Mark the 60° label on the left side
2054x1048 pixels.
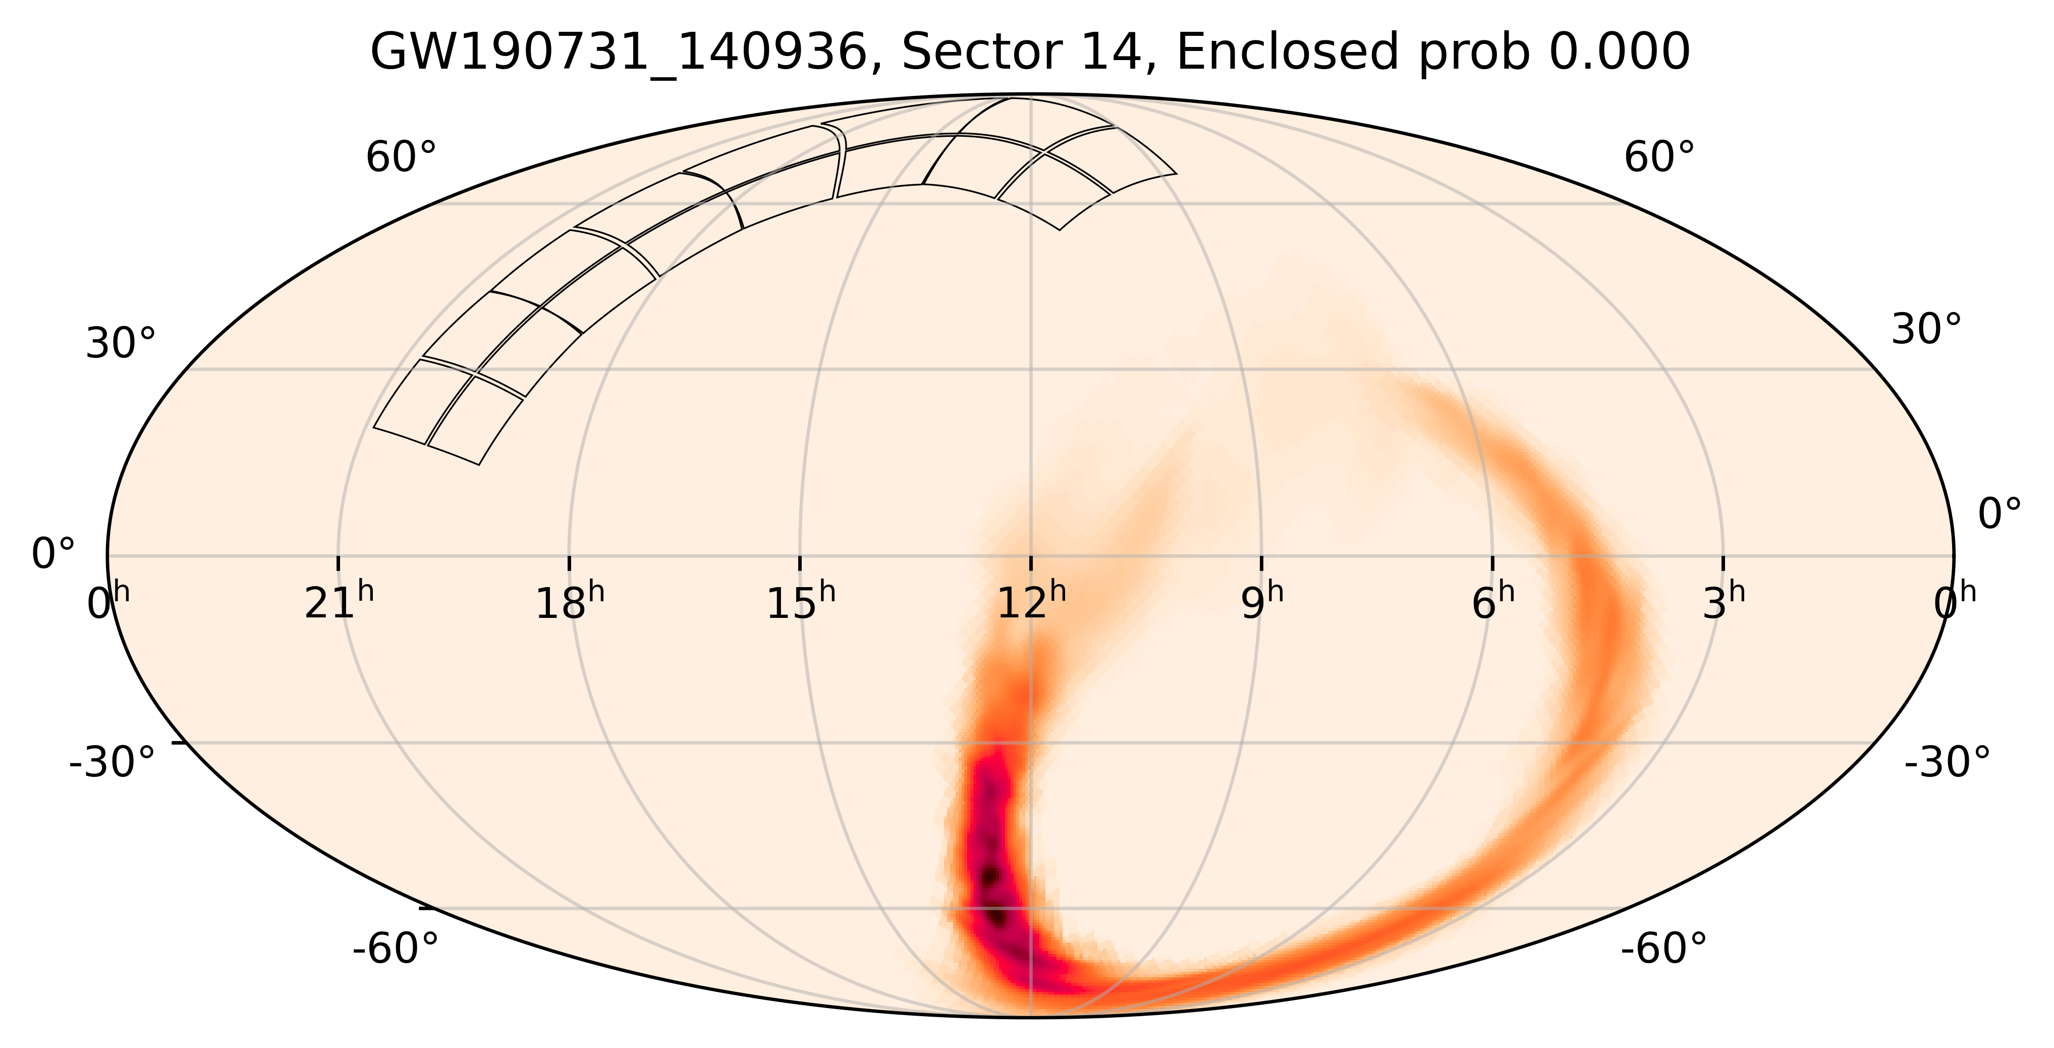tap(401, 157)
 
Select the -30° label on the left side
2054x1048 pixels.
tap(113, 762)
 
